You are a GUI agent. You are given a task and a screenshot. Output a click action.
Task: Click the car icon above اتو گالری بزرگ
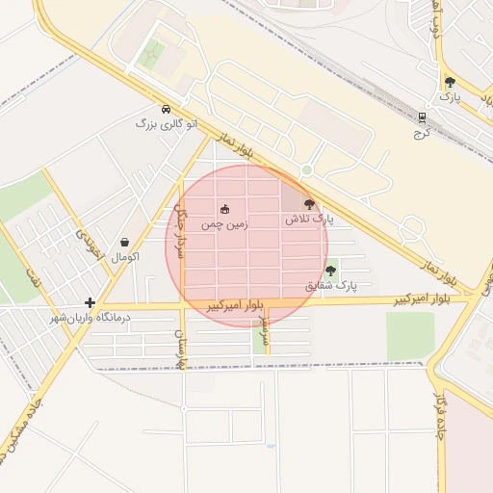point(168,109)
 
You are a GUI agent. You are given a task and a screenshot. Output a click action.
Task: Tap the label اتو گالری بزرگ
point(159,124)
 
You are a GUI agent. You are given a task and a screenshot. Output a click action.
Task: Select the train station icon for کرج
point(421,117)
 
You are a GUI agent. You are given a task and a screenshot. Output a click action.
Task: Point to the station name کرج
point(420,133)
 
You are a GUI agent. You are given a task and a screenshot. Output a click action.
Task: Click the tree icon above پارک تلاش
point(308,203)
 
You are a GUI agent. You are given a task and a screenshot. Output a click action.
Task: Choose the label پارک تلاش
point(308,220)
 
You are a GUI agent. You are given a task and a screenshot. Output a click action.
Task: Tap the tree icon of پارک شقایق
point(330,271)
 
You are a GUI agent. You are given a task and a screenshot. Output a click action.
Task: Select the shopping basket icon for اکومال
point(125,243)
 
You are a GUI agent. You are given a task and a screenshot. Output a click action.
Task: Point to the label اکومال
point(125,258)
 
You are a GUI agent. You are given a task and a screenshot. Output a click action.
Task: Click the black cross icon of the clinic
point(90,302)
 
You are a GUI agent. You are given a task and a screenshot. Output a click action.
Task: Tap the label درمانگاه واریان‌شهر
point(90,317)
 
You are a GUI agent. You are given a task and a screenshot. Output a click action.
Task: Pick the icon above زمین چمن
point(225,209)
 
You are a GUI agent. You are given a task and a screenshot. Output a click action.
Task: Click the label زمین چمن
point(224,223)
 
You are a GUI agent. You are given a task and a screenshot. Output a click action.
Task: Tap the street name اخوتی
point(90,245)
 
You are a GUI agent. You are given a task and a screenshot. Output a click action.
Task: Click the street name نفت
point(35,279)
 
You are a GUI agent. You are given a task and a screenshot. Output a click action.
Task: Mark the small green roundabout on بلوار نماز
point(306,170)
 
